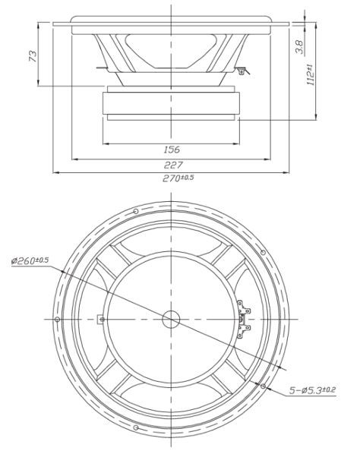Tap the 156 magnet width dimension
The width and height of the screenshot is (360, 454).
tap(172, 150)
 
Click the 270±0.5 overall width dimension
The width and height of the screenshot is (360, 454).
tap(178, 178)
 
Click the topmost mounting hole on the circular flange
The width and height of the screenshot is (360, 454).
tap(134, 211)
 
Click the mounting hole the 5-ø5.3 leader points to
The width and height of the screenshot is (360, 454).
tap(262, 386)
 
